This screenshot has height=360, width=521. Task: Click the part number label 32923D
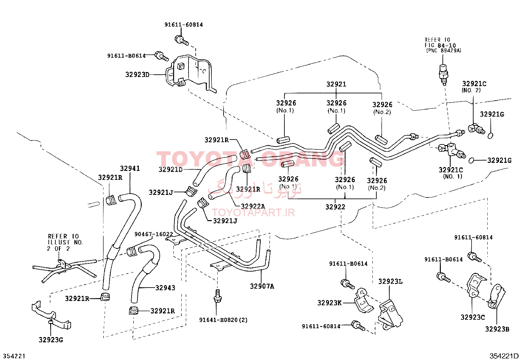[137, 74]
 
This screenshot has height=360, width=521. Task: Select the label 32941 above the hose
[130, 168]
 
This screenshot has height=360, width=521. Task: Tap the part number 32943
[165, 288]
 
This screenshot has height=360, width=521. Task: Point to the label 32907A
[262, 286]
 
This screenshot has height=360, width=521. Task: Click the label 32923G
[51, 340]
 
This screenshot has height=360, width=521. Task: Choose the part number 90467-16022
[154, 234]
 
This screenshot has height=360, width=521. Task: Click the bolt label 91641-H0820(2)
[223, 320]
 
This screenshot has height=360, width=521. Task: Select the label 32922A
[253, 206]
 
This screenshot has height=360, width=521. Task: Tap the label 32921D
[171, 169]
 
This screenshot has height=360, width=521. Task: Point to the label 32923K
[330, 303]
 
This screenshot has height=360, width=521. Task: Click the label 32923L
[390, 281]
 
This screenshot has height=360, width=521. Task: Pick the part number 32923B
[497, 329]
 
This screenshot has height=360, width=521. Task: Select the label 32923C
[473, 317]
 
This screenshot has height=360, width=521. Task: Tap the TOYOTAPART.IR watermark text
[253, 212]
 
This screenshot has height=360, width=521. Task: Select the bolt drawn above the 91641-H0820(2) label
[218, 296]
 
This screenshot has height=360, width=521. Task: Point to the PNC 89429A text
[444, 50]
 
